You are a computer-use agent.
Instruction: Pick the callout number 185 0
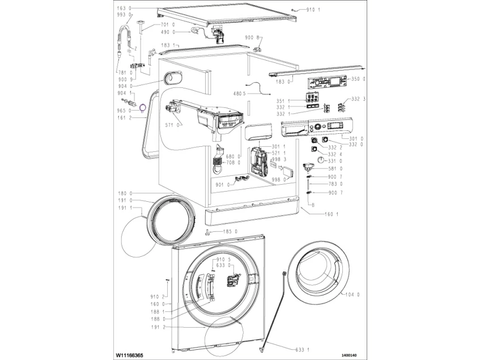230,231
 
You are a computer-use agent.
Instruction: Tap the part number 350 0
358,79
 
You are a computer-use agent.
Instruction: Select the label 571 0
174,124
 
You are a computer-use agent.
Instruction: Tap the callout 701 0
167,25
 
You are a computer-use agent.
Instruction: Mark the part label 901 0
223,184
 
